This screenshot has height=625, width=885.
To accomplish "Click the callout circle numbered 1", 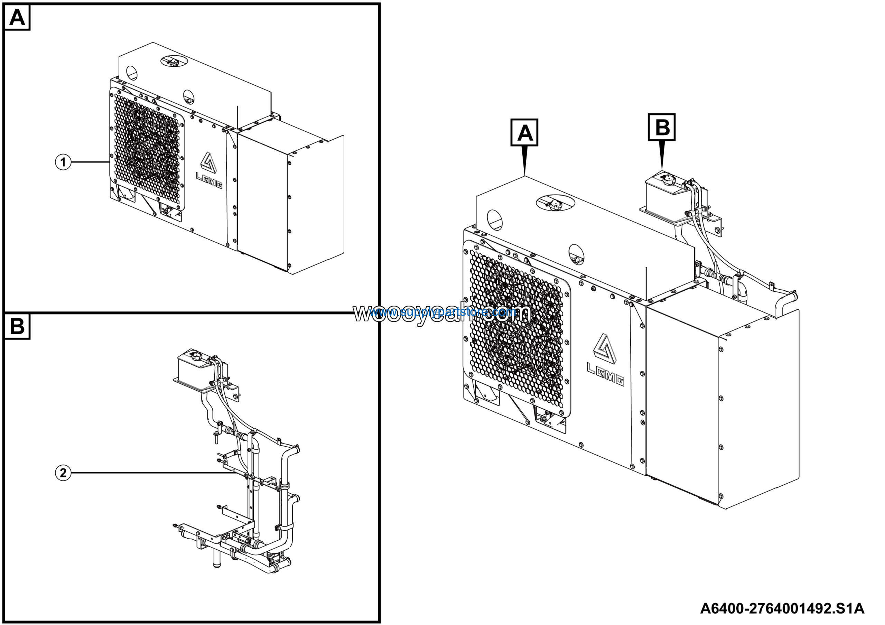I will (x=63, y=162).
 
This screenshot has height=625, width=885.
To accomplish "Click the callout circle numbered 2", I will (x=63, y=473).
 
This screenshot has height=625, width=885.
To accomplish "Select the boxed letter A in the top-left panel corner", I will (x=17, y=18).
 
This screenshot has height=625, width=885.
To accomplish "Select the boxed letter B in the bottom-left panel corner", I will (x=17, y=326).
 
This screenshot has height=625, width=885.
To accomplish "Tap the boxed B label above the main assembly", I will (x=661, y=127).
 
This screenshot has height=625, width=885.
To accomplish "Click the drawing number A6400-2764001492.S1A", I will (x=782, y=608).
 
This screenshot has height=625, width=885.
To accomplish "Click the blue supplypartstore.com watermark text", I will (x=443, y=312).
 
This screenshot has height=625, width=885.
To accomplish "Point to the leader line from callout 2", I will (x=154, y=473).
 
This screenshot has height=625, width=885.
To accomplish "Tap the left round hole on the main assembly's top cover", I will (x=495, y=220).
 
